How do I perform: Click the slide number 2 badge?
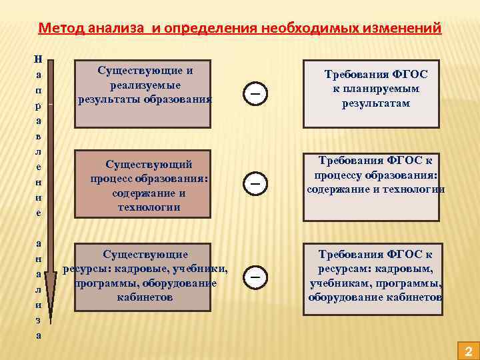coord(468,350)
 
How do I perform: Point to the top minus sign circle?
coord(255,94)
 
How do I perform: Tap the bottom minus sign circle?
coord(255,275)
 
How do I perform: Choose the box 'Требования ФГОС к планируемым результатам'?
coord(371,94)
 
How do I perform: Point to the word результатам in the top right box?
coord(376,104)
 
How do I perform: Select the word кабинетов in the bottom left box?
coord(145,297)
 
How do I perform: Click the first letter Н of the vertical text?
coord(38,59)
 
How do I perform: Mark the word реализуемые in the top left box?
coord(145,85)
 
